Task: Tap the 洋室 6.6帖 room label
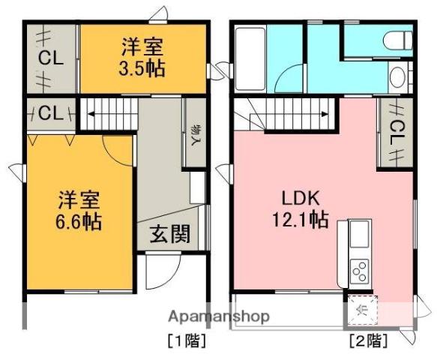pyautogui.click(x=79, y=211)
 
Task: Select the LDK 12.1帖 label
pyautogui.click(x=300, y=208)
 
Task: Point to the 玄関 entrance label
pyautogui.click(x=170, y=234)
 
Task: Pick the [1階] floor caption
pyautogui.click(x=187, y=340)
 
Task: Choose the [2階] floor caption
pyautogui.click(x=369, y=340)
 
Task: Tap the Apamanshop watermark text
pyautogui.click(x=219, y=316)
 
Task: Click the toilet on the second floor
pyautogui.click(x=398, y=40)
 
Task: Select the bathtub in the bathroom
pyautogui.click(x=250, y=58)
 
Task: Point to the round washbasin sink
pyautogui.click(x=398, y=76)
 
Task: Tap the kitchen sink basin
pyautogui.click(x=360, y=234)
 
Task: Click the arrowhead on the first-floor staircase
pyautogui.click(x=91, y=114)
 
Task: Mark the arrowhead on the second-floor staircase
pyautogui.click(x=325, y=114)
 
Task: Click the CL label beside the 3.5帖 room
pyautogui.click(x=51, y=58)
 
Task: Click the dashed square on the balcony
pyautogui.click(x=362, y=310)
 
